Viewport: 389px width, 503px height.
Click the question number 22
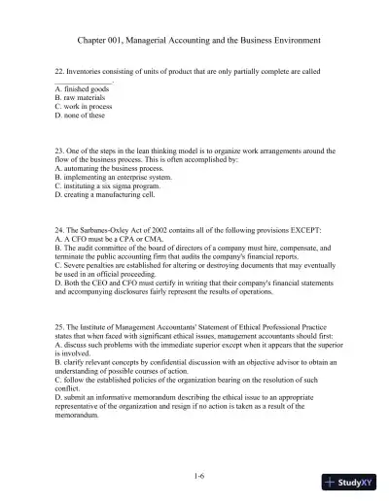[58, 72]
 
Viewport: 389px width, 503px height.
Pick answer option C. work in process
[87, 107]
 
